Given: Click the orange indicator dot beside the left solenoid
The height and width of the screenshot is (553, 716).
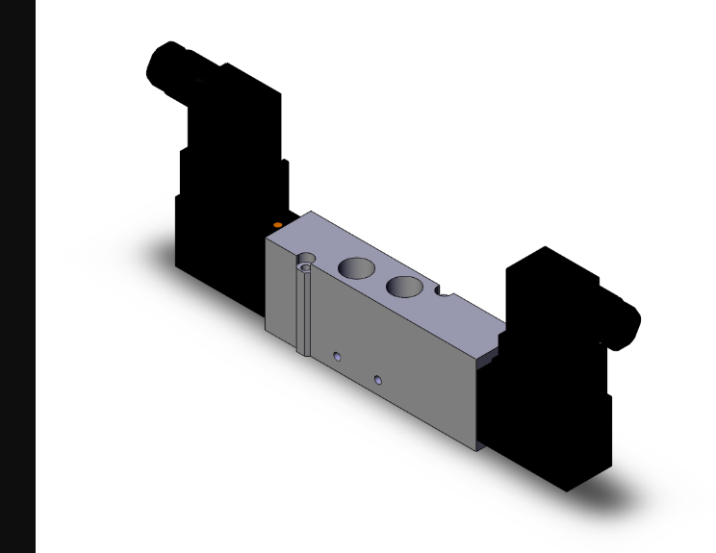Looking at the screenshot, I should point(278,224).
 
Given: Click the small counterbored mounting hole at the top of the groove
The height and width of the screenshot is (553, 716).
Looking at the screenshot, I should point(306,259).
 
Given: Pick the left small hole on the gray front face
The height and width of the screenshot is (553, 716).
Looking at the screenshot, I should point(337,357).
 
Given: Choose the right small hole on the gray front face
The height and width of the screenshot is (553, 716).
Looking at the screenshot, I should point(378,382).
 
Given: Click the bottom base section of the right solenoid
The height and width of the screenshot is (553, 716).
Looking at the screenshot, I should point(568,452).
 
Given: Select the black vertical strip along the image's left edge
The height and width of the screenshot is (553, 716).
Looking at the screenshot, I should point(17,276).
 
